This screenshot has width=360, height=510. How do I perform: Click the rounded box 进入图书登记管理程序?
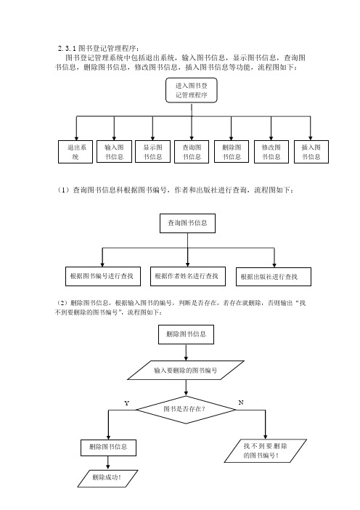tap(192, 90)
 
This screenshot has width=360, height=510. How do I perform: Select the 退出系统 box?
tap(75, 152)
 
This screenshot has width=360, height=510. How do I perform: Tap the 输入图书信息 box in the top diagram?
tap(114, 152)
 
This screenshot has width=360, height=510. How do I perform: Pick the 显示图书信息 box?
tap(152, 152)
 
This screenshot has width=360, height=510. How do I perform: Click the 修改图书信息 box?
tap(271, 152)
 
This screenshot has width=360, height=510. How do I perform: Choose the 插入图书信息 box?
tap(311, 152)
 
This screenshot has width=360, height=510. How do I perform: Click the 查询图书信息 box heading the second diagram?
tap(187, 223)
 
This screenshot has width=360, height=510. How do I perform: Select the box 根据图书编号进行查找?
tap(103, 277)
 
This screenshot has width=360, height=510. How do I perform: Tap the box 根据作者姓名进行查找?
tap(188, 277)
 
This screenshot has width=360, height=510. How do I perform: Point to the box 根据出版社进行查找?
tap(274, 277)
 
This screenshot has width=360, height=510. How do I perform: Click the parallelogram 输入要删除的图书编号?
tap(186, 370)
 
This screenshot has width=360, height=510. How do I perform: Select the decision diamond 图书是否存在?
tap(186, 410)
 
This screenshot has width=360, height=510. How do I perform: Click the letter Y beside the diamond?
tap(127, 403)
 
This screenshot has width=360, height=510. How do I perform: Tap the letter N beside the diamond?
tap(241, 402)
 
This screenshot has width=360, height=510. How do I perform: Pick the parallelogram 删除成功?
tap(107, 479)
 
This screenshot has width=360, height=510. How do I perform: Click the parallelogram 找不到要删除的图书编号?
tap(266, 451)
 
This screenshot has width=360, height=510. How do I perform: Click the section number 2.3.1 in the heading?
tap(67, 49)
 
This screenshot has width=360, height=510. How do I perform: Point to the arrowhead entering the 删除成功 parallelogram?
tap(108, 467)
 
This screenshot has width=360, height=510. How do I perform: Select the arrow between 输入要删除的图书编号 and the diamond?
tap(186, 388)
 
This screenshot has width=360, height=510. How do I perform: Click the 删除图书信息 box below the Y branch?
tap(108, 448)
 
